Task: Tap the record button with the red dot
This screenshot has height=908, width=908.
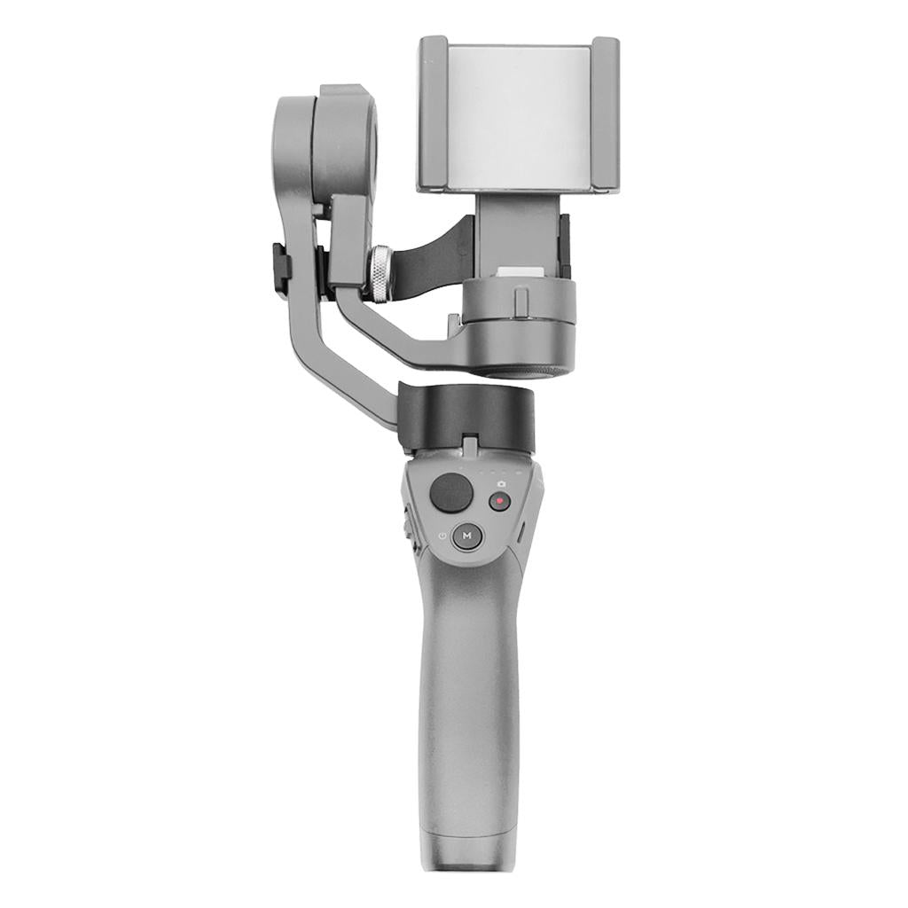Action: tap(500, 501)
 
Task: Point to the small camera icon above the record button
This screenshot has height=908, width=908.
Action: tap(501, 483)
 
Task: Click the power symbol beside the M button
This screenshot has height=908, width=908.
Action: tap(443, 536)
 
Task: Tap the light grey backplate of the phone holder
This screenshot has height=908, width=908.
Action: tap(519, 116)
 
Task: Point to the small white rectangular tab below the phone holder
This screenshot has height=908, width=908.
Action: tap(520, 272)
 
